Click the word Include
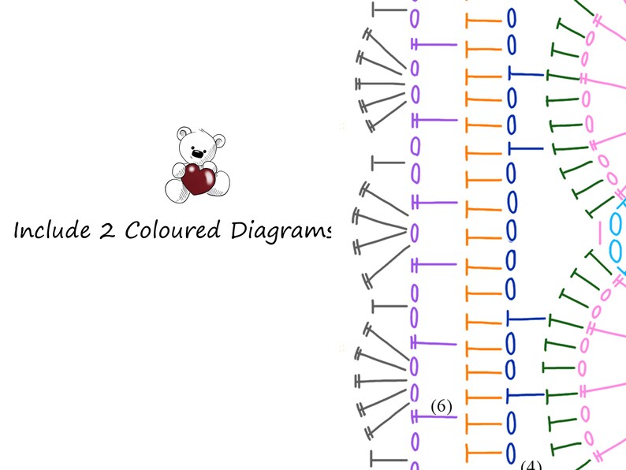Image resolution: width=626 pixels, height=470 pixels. tap(52, 230)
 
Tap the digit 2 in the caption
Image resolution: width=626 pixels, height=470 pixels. tap(106, 230)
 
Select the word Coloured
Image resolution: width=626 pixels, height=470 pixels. tap(173, 230)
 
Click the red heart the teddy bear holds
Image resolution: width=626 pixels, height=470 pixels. tap(198, 179)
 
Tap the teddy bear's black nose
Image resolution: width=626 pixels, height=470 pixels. tap(197, 153)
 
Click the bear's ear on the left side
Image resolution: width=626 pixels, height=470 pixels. tap(184, 132)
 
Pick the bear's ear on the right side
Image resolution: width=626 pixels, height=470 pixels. tap(219, 140)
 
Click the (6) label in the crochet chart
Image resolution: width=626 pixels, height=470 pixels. tap(442, 406)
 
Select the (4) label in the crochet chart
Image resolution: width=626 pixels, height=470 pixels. tap(531, 465)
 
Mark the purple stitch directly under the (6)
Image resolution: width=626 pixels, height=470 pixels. tap(434, 417)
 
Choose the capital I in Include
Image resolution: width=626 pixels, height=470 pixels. tap(18, 230)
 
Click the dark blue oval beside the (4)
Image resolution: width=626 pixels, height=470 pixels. tap(511, 453)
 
